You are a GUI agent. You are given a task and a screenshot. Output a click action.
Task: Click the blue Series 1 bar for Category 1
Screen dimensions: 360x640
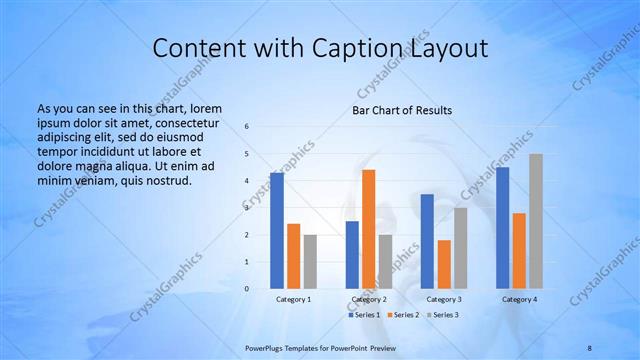coord(276,231)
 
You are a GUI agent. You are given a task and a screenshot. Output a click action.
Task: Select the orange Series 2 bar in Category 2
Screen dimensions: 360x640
coord(369,229)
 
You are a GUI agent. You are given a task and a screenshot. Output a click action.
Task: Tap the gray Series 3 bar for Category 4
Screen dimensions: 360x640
coord(536,221)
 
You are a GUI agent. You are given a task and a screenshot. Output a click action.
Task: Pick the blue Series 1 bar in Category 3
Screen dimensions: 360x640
coord(427,241)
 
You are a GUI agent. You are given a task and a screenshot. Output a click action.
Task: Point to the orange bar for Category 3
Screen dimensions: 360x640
coord(444,264)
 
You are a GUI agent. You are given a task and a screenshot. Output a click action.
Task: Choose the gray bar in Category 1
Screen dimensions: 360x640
coord(310,261)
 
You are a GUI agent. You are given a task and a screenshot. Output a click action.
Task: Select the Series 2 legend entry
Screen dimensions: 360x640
coord(402,315)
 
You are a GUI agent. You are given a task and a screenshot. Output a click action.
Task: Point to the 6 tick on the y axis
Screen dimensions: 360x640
coord(246,127)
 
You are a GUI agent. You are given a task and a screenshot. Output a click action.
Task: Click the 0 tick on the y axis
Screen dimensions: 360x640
coord(246,289)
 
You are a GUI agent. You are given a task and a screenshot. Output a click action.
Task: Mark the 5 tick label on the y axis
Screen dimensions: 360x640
coord(246,154)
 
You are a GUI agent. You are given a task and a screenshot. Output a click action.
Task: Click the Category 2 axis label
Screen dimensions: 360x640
coord(368,299)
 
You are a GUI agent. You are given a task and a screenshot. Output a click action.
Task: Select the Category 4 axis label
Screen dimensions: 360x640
coord(518,299)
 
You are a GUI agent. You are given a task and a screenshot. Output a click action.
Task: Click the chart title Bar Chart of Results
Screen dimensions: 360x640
coord(402,110)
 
